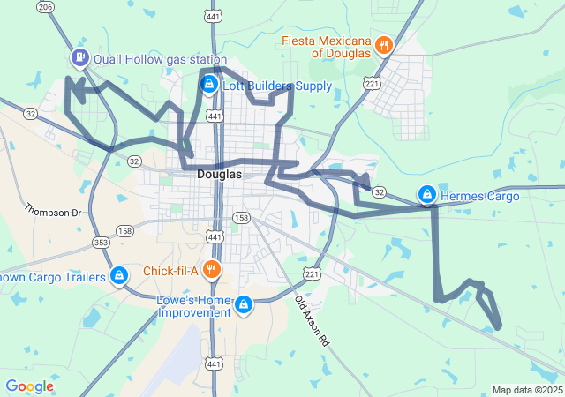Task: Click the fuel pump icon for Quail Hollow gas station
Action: pyautogui.click(x=80, y=58)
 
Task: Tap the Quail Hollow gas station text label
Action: pyautogui.click(x=159, y=60)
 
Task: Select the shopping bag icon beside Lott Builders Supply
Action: pyautogui.click(x=209, y=85)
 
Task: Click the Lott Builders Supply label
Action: pyautogui.click(x=276, y=86)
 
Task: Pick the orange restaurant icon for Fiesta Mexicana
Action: pyautogui.click(x=383, y=45)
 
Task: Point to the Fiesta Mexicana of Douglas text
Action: pyautogui.click(x=328, y=47)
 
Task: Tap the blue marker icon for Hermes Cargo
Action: pyautogui.click(x=426, y=193)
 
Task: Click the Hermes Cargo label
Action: pyautogui.click(x=482, y=195)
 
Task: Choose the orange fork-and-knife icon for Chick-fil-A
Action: pyautogui.click(x=210, y=269)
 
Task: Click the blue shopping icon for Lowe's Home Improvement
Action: pyautogui.click(x=243, y=305)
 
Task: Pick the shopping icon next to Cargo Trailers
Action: pyautogui.click(x=119, y=277)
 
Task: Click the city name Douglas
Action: pyautogui.click(x=219, y=175)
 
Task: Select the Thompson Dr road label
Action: pyautogui.click(x=52, y=212)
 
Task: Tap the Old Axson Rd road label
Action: pyautogui.click(x=311, y=319)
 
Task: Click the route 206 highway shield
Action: pyautogui.click(x=47, y=7)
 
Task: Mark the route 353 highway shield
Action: pyautogui.click(x=101, y=242)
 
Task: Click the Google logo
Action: pyautogui.click(x=30, y=386)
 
